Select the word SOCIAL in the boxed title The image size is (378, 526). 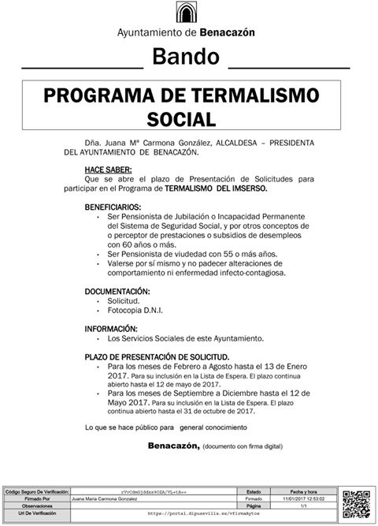182,119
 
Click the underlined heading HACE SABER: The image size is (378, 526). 109,170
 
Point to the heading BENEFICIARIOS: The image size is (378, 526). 118,207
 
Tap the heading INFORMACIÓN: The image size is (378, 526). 117,328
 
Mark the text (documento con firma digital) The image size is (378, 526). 242,446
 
